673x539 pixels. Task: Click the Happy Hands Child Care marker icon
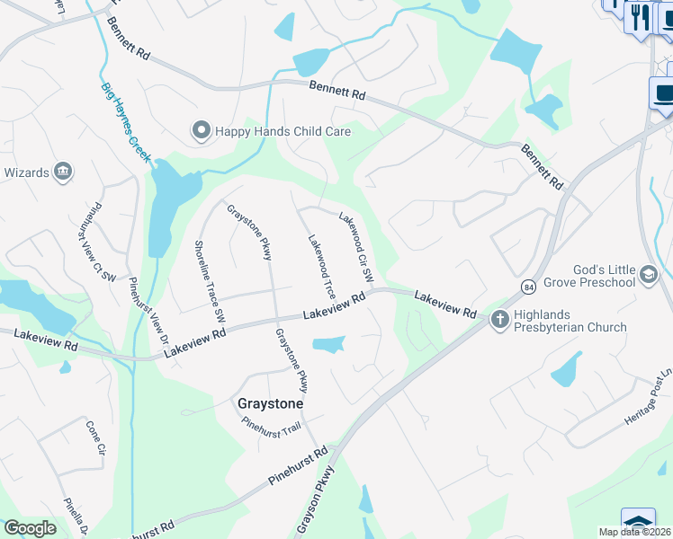201,131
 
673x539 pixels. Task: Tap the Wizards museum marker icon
63,172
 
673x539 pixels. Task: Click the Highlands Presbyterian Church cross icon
499,318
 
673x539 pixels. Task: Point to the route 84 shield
527,286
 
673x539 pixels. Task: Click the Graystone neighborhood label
269,404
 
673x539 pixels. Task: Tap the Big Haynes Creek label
125,122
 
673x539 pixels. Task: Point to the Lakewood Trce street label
321,268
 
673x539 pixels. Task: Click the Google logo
30,528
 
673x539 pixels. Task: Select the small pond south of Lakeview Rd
329,344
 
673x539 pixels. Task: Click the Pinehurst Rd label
297,466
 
